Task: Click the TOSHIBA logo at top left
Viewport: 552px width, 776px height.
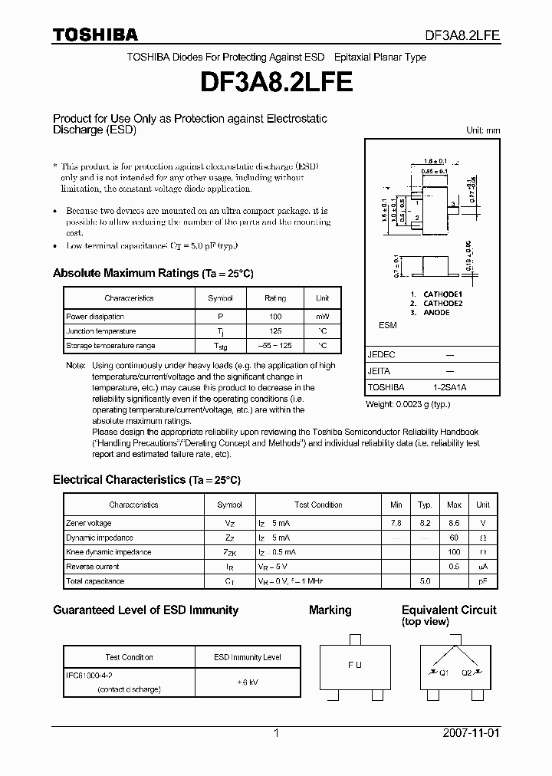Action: (95, 35)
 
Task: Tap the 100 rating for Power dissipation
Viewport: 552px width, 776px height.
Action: (275, 317)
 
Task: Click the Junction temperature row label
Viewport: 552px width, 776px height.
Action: (100, 331)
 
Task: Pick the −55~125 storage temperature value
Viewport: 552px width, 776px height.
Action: (275, 346)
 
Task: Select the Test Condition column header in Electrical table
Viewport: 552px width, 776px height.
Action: (318, 505)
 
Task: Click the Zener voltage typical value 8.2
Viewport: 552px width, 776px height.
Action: (424, 523)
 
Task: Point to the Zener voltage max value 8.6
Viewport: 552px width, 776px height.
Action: (454, 523)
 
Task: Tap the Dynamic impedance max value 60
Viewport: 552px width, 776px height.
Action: (454, 538)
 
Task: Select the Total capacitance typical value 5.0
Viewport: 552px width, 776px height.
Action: (424, 581)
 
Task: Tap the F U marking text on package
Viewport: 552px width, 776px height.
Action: (354, 665)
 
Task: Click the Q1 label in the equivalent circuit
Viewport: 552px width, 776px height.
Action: (443, 672)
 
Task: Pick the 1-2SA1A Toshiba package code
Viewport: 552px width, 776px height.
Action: (449, 388)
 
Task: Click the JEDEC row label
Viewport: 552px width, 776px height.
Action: (381, 356)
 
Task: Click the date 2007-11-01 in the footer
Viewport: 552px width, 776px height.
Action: (471, 733)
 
